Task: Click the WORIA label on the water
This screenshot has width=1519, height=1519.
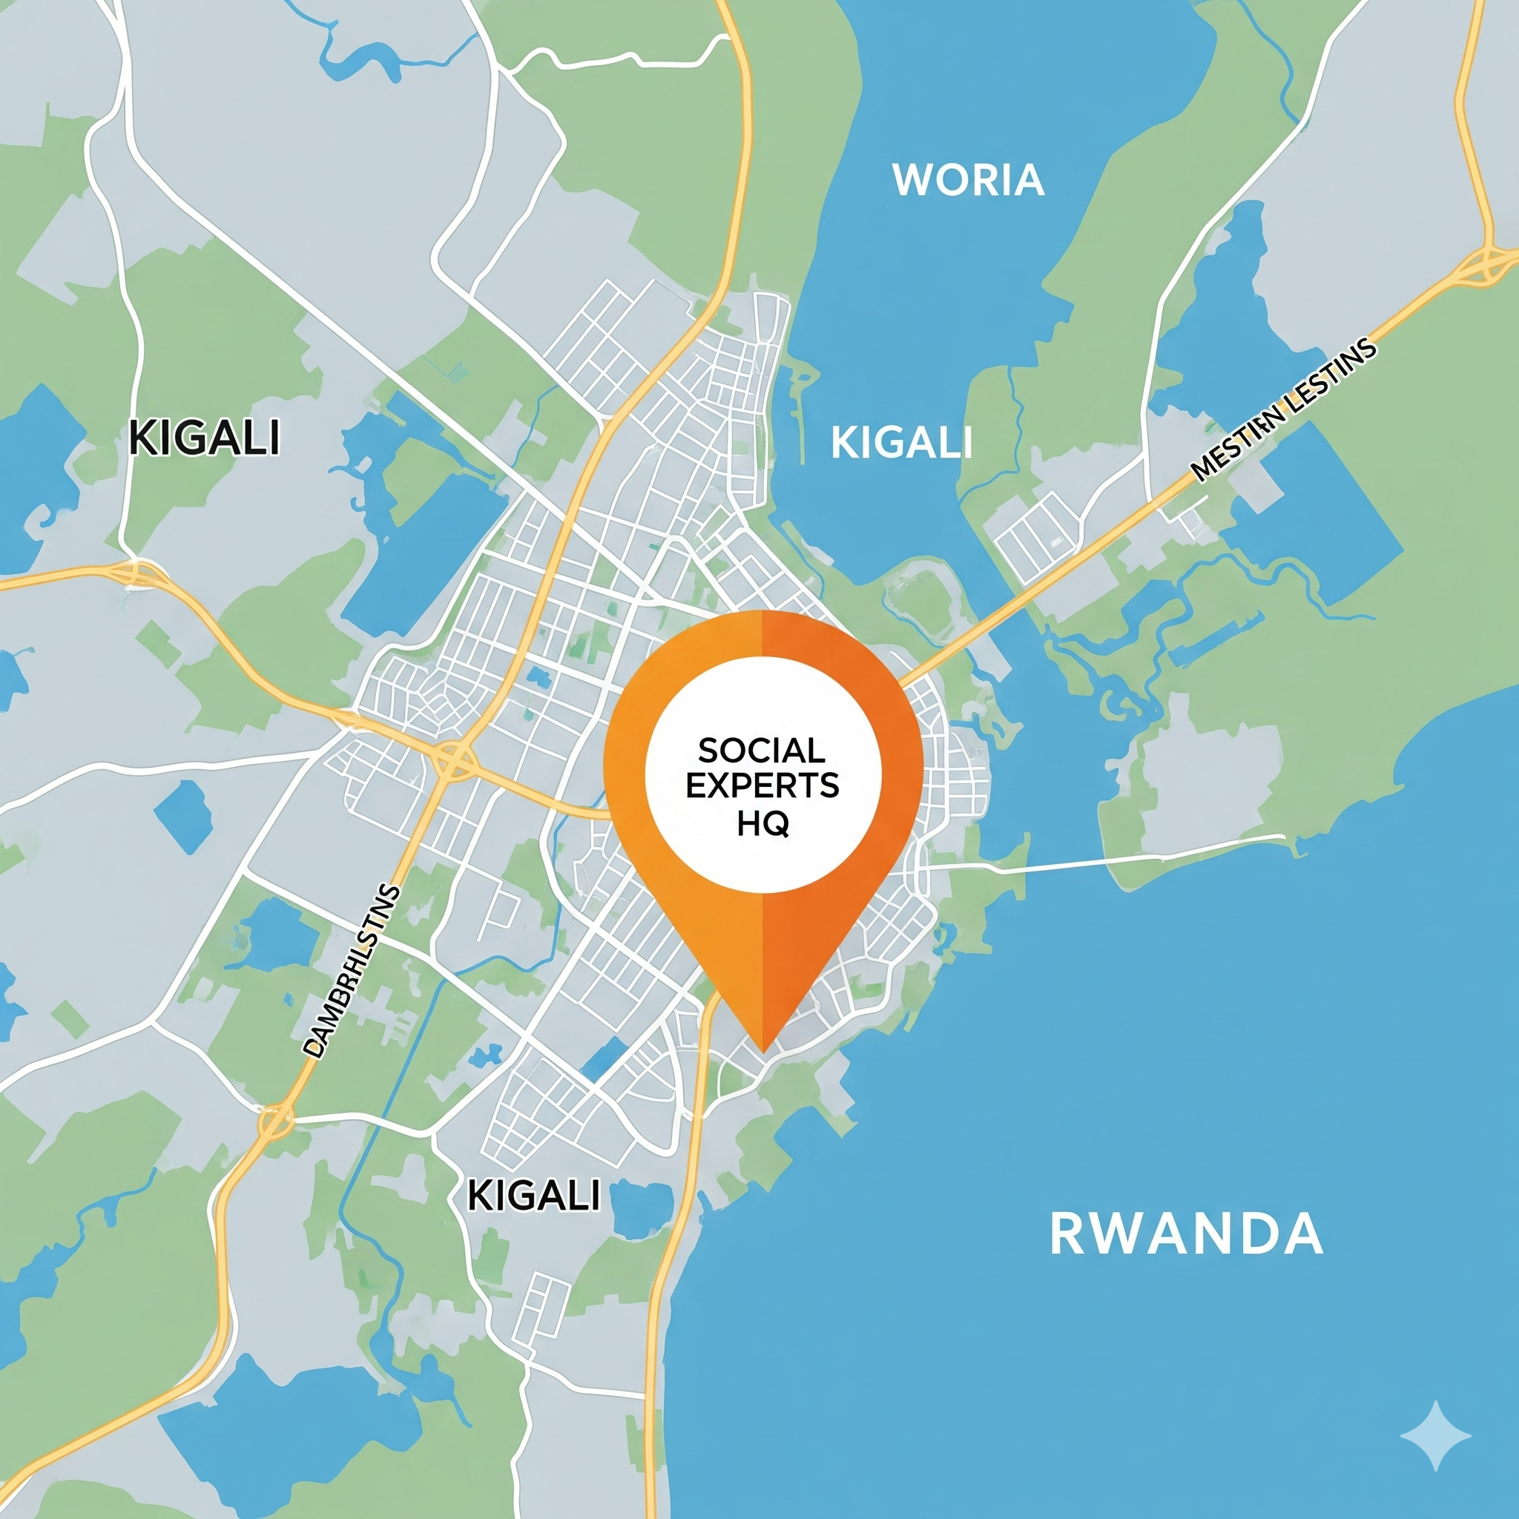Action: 968,181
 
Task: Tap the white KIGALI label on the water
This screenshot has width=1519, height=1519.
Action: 902,443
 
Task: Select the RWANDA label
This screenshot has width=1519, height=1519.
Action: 1186,1234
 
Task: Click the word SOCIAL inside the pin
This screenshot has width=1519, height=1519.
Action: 762,750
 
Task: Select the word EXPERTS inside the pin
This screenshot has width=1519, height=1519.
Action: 762,786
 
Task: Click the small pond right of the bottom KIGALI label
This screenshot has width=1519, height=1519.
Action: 641,1206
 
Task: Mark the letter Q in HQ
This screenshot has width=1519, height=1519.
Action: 777,824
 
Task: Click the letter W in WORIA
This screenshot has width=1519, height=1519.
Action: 911,181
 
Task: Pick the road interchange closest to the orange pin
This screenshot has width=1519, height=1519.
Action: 451,759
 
